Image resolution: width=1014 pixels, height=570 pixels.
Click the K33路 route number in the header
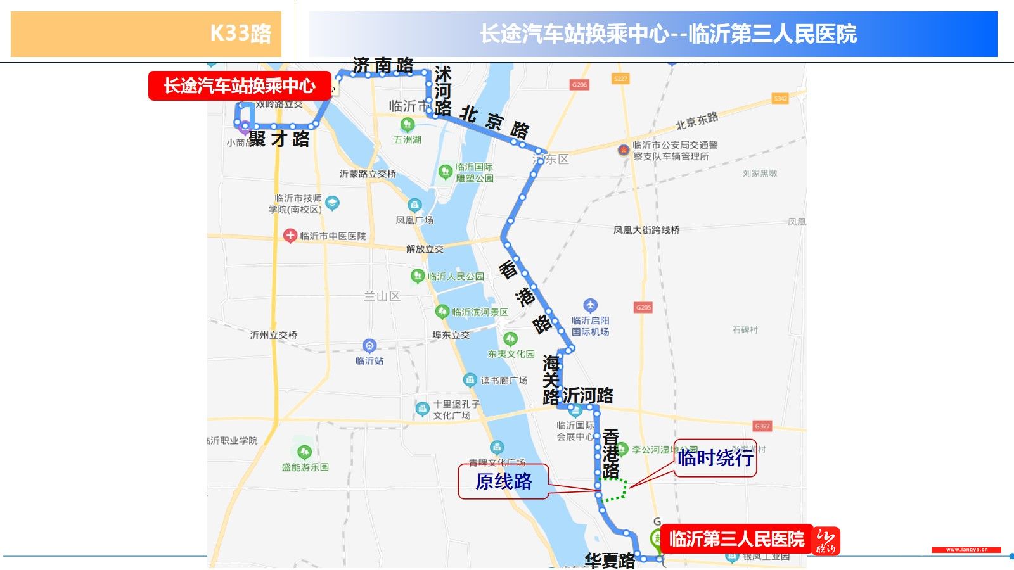point(240,33)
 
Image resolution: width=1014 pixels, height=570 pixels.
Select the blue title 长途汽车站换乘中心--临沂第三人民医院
point(668,34)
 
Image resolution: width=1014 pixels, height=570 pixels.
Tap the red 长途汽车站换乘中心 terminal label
point(240,85)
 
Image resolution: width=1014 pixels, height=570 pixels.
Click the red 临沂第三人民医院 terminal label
point(736,539)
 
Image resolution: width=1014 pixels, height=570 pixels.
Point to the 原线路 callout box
point(504,481)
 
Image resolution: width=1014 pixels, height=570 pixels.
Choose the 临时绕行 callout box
point(715,457)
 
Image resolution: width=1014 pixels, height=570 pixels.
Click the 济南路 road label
point(383,65)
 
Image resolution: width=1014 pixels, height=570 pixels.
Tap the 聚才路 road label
point(279,139)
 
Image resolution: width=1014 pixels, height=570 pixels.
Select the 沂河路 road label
point(587,396)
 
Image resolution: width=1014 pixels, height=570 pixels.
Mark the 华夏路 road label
point(610,560)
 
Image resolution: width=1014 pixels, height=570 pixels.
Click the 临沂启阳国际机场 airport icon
point(590,305)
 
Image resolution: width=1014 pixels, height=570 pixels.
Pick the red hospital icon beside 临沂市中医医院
point(290,236)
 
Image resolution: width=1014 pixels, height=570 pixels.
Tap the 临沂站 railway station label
point(369,360)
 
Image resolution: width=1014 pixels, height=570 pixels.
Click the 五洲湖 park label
point(408,139)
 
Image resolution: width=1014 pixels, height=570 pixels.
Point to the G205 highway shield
point(643,307)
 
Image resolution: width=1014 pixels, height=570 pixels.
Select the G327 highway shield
point(762,426)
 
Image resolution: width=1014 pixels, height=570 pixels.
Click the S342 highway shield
point(780,98)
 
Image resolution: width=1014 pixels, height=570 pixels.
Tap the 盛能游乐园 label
point(305,467)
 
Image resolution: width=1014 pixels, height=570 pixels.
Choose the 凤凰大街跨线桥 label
point(646,230)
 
